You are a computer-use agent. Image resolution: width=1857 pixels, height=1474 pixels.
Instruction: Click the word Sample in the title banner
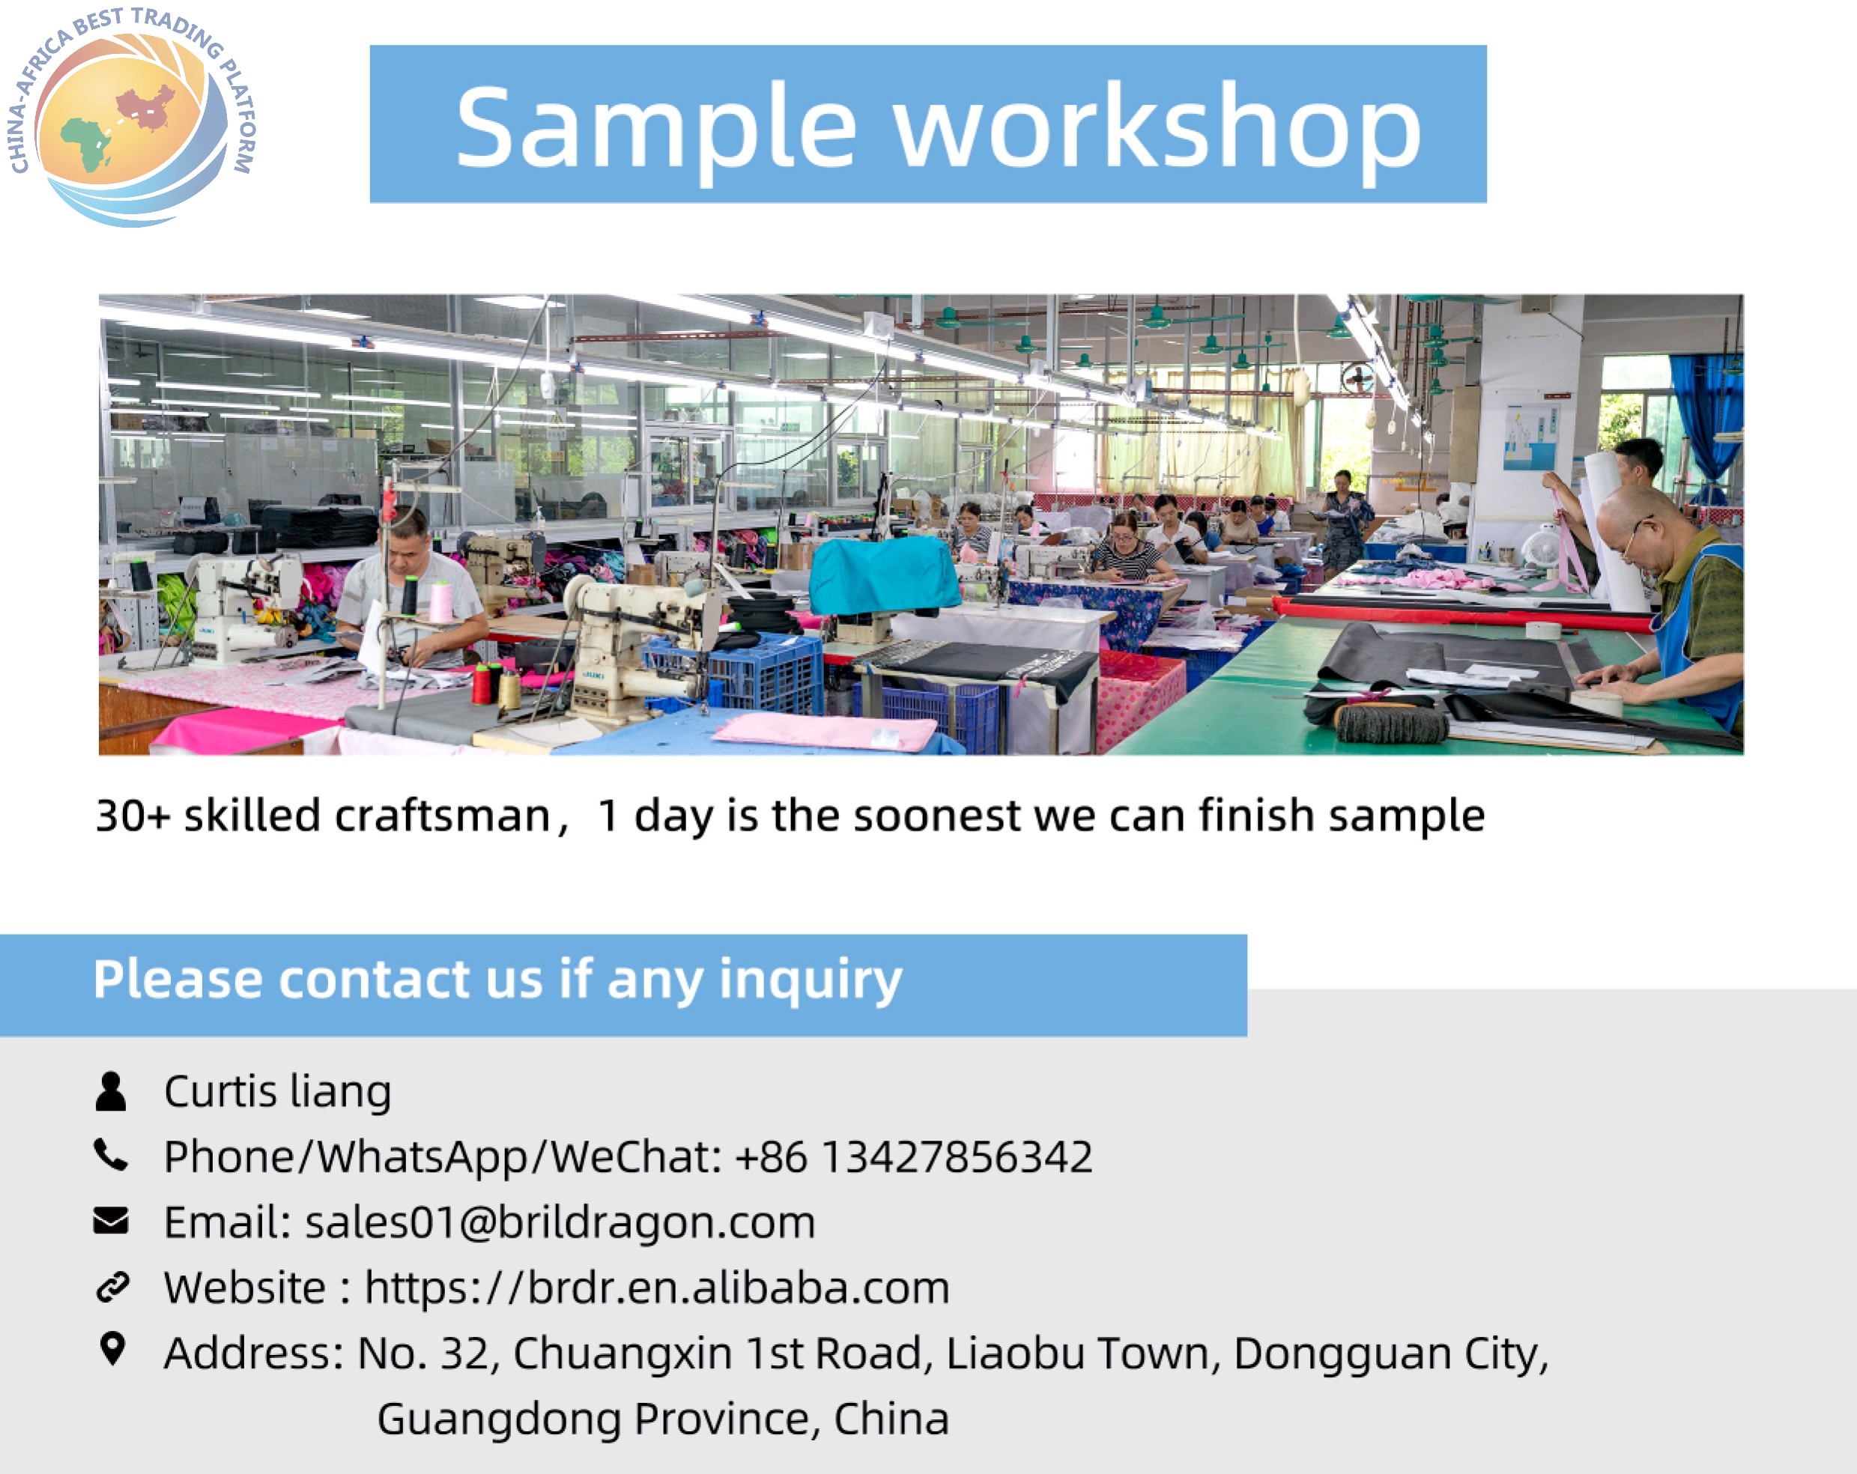point(656,127)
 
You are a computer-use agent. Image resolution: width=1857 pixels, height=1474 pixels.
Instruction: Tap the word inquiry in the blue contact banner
point(811,981)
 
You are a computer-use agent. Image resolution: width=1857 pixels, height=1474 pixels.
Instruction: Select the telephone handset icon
point(111,1155)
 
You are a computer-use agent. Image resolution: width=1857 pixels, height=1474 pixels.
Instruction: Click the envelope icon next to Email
point(111,1220)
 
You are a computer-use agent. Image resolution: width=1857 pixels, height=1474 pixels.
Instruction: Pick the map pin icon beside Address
point(112,1349)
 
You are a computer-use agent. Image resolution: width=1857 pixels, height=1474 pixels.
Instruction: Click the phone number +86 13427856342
point(914,1156)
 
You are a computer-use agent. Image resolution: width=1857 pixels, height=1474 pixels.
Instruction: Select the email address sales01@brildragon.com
point(560,1222)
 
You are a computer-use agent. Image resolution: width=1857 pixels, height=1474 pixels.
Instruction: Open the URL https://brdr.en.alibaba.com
point(657,1288)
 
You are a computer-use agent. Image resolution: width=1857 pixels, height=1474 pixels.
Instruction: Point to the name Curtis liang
point(277,1093)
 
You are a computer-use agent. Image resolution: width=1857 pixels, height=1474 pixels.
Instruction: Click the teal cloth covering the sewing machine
point(883,572)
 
